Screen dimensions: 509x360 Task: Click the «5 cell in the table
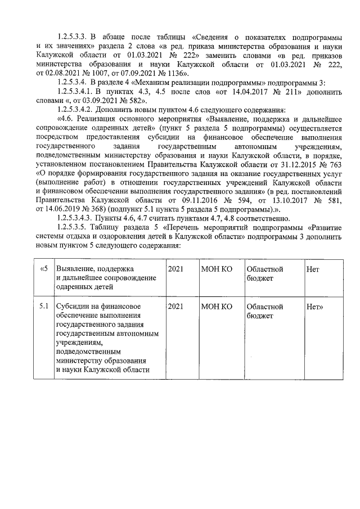coord(44,269)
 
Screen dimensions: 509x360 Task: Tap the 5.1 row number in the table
coord(44,307)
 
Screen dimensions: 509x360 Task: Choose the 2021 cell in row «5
coord(175,269)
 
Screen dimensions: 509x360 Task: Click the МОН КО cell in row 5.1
coord(217,307)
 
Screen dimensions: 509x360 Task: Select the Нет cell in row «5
coord(313,269)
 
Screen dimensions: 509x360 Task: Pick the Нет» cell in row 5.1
coord(315,307)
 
